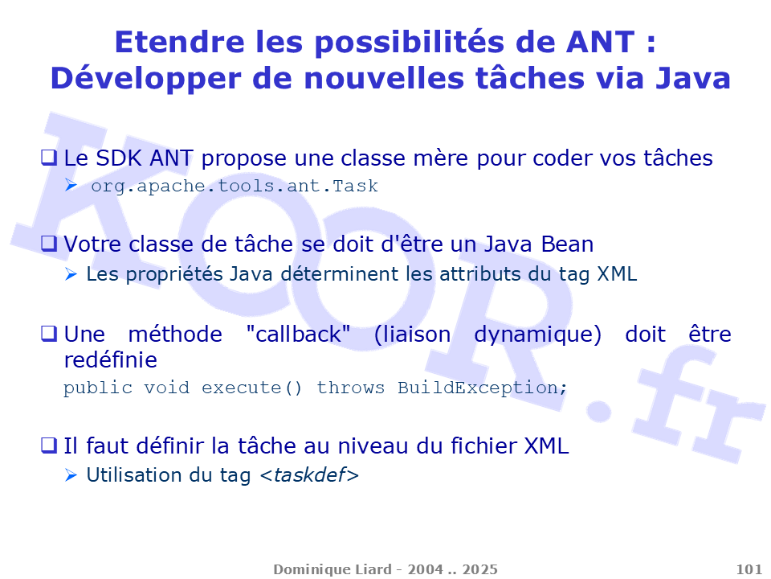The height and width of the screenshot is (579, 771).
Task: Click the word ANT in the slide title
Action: (601, 42)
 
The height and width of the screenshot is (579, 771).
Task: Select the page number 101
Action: (749, 569)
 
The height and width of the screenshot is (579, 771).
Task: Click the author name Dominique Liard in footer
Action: (332, 569)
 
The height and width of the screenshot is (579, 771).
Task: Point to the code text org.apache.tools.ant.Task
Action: (235, 186)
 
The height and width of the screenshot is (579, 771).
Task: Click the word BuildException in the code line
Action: (478, 388)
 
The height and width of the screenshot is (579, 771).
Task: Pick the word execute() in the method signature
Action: (251, 388)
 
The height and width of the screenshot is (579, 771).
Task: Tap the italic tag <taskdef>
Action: (309, 474)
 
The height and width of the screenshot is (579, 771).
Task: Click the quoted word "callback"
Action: (298, 335)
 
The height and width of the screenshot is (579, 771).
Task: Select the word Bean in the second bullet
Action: (567, 244)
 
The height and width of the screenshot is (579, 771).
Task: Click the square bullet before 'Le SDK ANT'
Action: (49, 158)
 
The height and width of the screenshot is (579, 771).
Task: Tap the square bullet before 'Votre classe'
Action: (49, 243)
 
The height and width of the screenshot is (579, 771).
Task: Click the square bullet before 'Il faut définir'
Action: (49, 445)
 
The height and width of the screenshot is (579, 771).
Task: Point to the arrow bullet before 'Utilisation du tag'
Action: (71, 475)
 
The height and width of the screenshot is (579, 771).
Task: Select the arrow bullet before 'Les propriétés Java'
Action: (71, 274)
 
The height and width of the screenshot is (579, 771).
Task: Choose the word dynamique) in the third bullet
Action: (537, 335)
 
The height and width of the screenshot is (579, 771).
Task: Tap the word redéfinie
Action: (111, 360)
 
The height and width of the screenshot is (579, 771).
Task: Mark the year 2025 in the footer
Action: (480, 569)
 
